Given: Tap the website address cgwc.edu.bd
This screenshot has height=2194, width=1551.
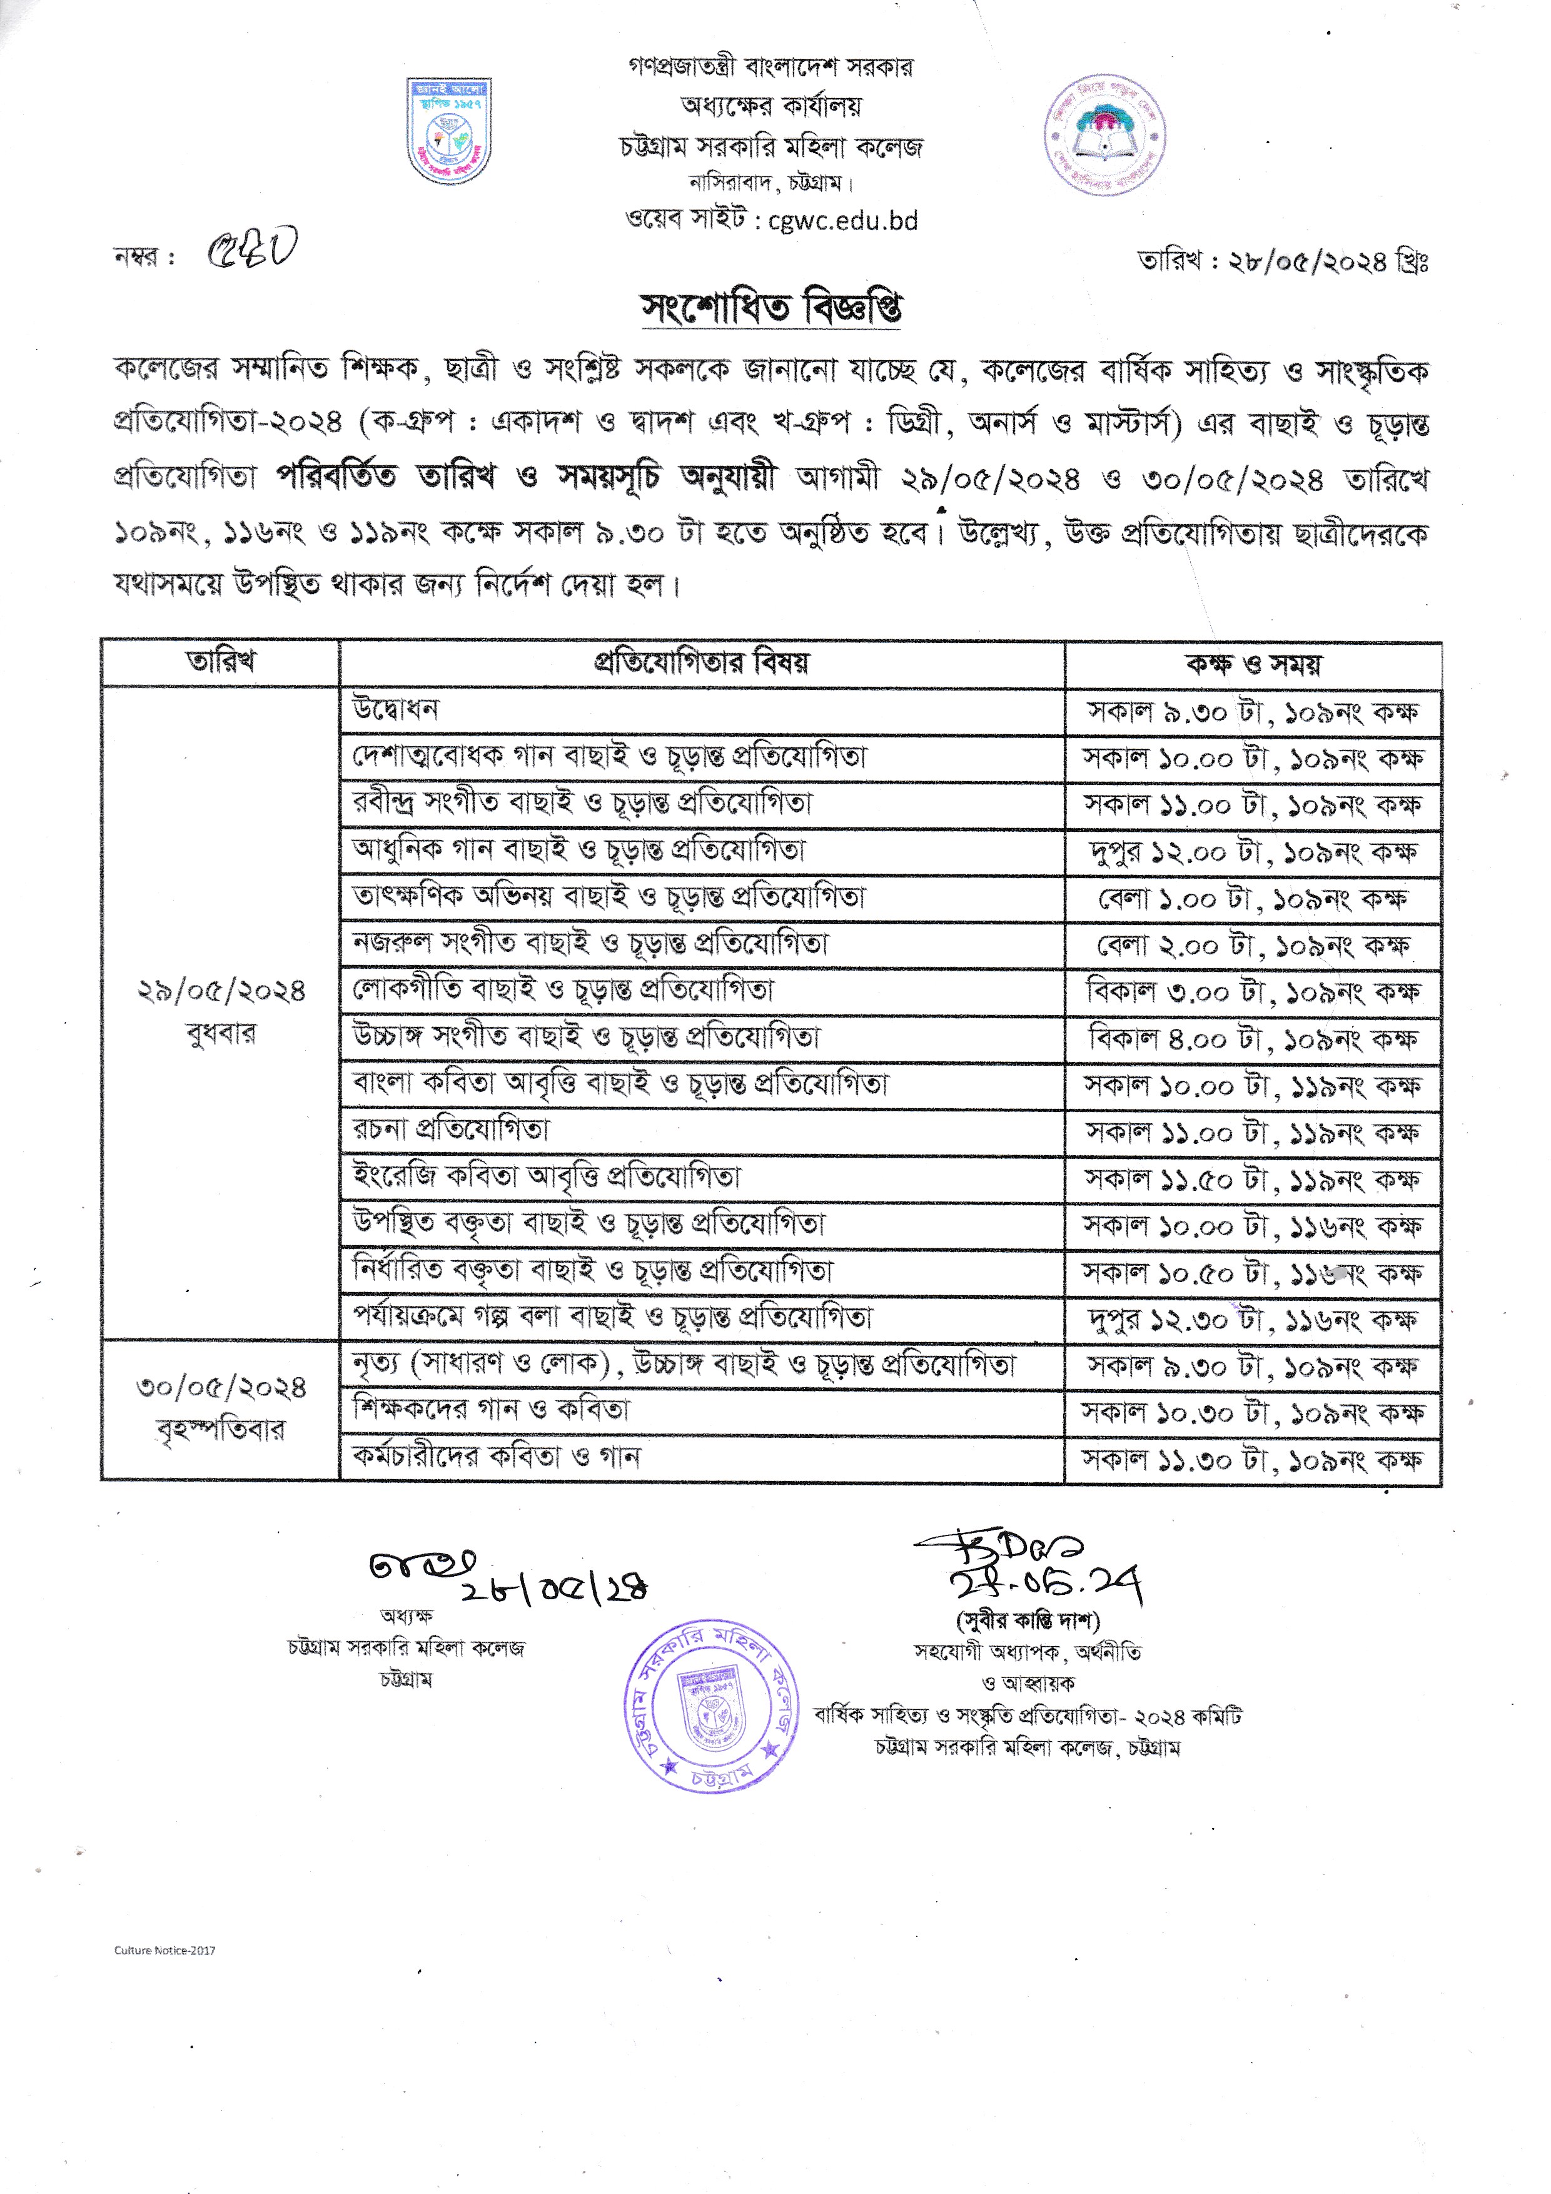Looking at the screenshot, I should pos(842,221).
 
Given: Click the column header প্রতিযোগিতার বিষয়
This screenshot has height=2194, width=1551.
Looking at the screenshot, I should pos(702,662).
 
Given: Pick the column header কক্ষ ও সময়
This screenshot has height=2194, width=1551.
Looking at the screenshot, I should pos(1253,663).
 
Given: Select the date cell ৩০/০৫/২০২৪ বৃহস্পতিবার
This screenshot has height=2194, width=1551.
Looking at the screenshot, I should pos(221,1408).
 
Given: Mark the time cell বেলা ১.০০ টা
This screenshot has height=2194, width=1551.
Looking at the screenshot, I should pos(1252,898).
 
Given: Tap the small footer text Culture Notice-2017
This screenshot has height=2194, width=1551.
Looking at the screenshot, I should pos(164,1950).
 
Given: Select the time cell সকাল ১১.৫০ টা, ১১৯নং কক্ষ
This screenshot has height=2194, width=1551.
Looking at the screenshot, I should pos(1252,1179).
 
